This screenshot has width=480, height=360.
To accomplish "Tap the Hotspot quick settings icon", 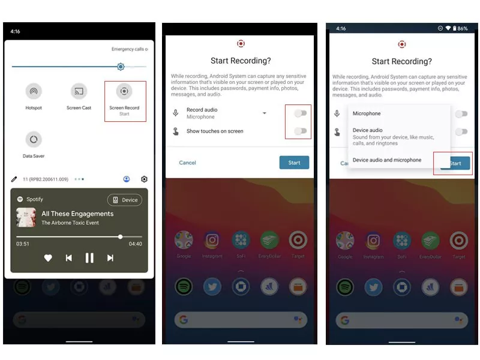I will pyautogui.click(x=34, y=92).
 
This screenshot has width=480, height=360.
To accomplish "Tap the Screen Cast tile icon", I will pyautogui.click(x=79, y=92).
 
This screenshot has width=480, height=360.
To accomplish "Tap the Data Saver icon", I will pyautogui.click(x=34, y=140).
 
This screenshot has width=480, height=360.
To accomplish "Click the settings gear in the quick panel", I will pyautogui.click(x=144, y=179).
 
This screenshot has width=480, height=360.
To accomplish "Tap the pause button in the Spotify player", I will pyautogui.click(x=89, y=258).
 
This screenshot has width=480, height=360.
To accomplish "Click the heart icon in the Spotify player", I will pyautogui.click(x=48, y=258).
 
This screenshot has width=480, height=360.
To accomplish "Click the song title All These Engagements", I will pyautogui.click(x=77, y=214).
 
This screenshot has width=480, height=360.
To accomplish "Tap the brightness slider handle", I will pyautogui.click(x=121, y=67).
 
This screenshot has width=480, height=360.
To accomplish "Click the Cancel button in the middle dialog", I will pyautogui.click(x=187, y=163).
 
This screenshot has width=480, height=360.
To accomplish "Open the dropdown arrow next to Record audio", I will pyautogui.click(x=264, y=113).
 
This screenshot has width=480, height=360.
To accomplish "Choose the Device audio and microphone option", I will pyautogui.click(x=387, y=160).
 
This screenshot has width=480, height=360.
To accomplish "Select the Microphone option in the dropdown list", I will pyautogui.click(x=367, y=113).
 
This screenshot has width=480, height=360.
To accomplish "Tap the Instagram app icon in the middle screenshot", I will pyautogui.click(x=212, y=241).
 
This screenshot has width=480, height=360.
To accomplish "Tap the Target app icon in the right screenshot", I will pyautogui.click(x=459, y=241).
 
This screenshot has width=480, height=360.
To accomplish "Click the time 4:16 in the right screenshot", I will pyautogui.click(x=341, y=28).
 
